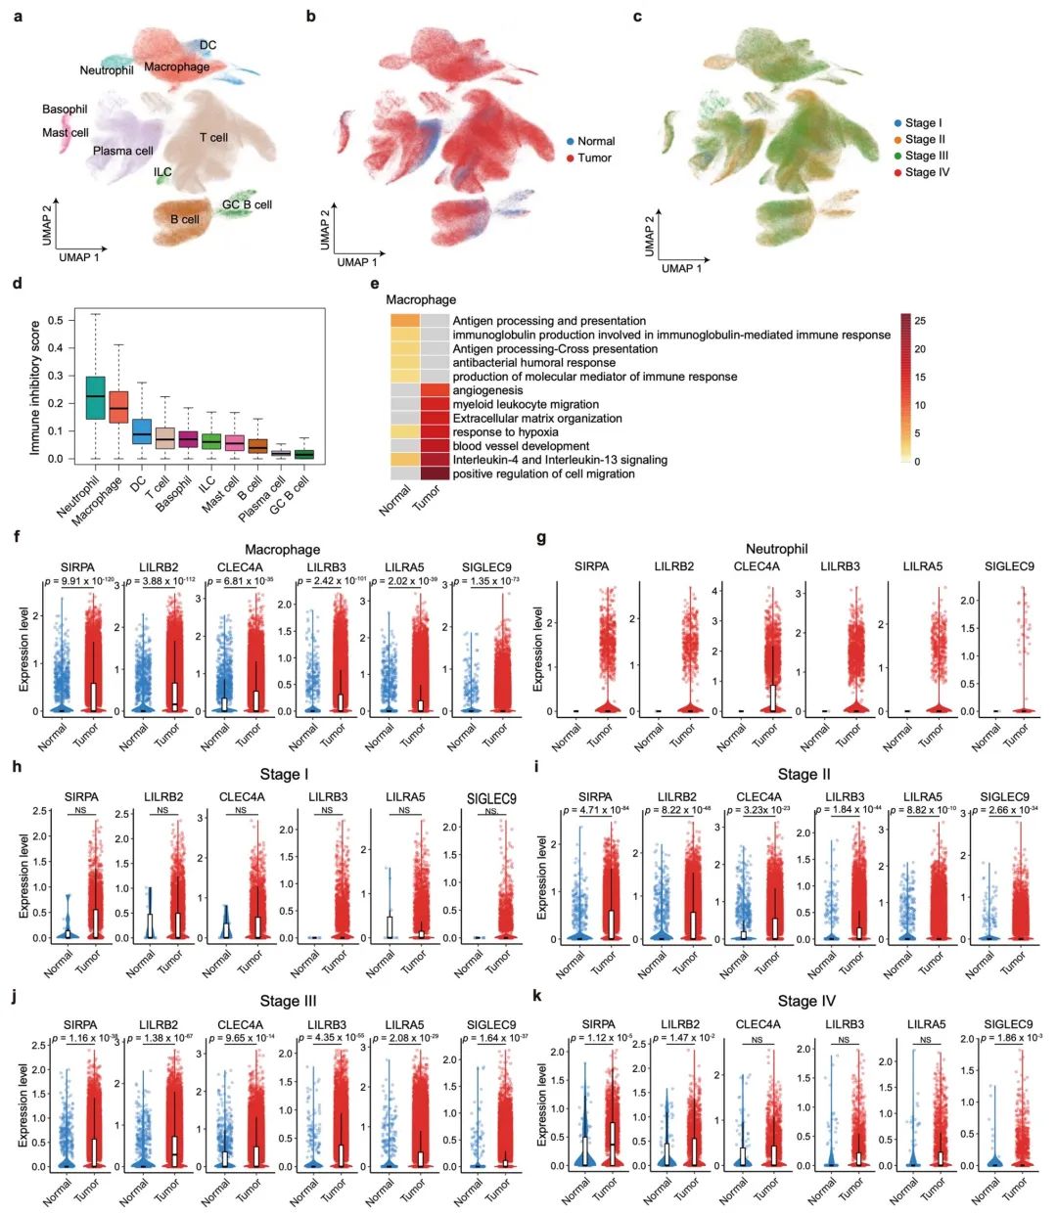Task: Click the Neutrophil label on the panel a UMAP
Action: (107, 70)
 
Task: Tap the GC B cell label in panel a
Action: (247, 204)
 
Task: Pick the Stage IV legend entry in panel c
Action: (926, 172)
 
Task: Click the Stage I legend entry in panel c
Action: (922, 123)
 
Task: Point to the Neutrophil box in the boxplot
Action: (95, 397)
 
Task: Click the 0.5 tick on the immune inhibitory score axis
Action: (55, 320)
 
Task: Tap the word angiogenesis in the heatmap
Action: (487, 390)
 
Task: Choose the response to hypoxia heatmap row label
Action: (505, 432)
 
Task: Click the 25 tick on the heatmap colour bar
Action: (920, 321)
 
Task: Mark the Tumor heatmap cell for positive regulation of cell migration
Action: (436, 473)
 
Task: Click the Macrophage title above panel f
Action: (282, 550)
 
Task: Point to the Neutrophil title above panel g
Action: (776, 549)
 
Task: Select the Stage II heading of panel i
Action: (804, 775)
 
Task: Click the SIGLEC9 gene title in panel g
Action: (1009, 566)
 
